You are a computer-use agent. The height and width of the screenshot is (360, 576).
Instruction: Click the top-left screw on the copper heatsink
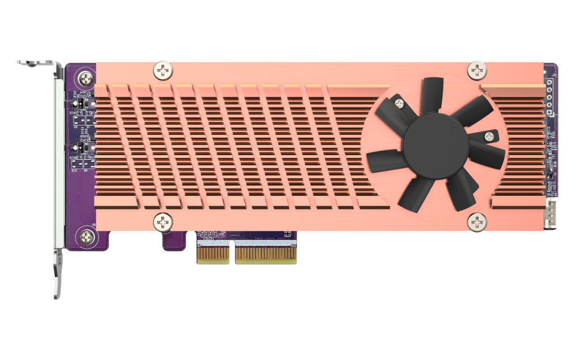(164, 71)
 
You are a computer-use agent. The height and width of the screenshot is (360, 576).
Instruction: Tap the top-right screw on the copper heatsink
(478, 70)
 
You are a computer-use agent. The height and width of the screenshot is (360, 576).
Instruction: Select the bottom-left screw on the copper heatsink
(163, 221)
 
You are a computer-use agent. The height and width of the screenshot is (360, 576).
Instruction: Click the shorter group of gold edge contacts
(213, 254)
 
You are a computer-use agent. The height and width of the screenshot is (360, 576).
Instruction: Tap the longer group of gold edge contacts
(266, 254)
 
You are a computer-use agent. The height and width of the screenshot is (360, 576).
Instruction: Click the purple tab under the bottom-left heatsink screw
(174, 241)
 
